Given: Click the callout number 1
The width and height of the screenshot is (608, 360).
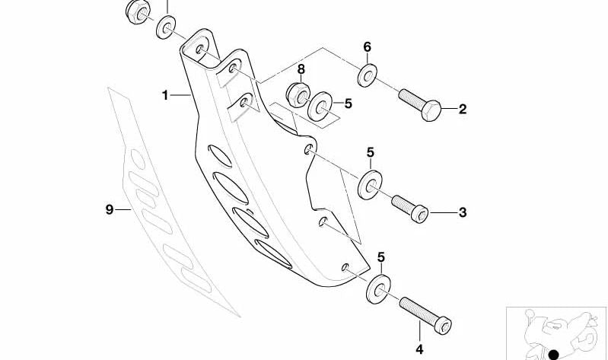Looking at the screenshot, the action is [165, 95].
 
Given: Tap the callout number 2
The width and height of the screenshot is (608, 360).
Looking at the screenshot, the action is [462, 109].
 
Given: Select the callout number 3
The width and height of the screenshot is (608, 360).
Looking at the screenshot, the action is [462, 212].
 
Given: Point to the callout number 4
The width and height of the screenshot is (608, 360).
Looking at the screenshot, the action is [419, 349].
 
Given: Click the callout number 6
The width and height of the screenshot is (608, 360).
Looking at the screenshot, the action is [368, 47].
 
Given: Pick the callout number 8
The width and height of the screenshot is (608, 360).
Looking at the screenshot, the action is [301, 69].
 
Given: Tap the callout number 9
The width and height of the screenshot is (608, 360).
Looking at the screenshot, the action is [110, 210].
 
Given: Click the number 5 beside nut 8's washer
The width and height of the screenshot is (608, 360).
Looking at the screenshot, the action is [348, 104].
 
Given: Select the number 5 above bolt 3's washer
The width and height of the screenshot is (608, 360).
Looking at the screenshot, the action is [371, 152].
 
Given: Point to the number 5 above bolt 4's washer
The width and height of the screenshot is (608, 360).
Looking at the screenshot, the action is [381, 256].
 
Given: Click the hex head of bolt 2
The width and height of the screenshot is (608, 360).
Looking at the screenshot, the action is [431, 110].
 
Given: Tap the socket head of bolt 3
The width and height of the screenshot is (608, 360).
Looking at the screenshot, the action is [419, 214].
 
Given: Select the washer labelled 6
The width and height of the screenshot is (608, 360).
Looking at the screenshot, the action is [368, 75].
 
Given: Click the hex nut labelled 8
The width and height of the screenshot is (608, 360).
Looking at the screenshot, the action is [298, 95].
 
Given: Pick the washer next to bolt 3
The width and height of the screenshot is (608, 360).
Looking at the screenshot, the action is [370, 185].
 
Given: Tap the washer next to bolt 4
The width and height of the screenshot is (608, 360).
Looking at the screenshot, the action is [378, 289].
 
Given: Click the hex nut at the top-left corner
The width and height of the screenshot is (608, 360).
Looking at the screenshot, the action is [138, 11].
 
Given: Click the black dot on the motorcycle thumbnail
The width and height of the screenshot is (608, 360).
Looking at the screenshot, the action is [554, 355].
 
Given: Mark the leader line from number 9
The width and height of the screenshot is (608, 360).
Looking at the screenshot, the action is [123, 210].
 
